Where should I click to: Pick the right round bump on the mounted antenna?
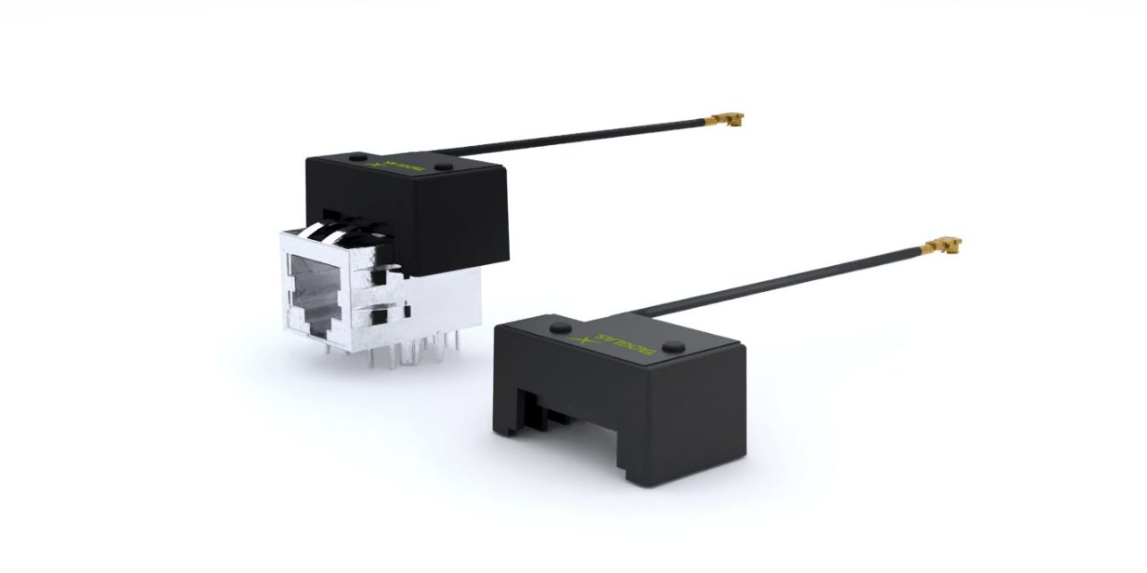coord(444,167)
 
